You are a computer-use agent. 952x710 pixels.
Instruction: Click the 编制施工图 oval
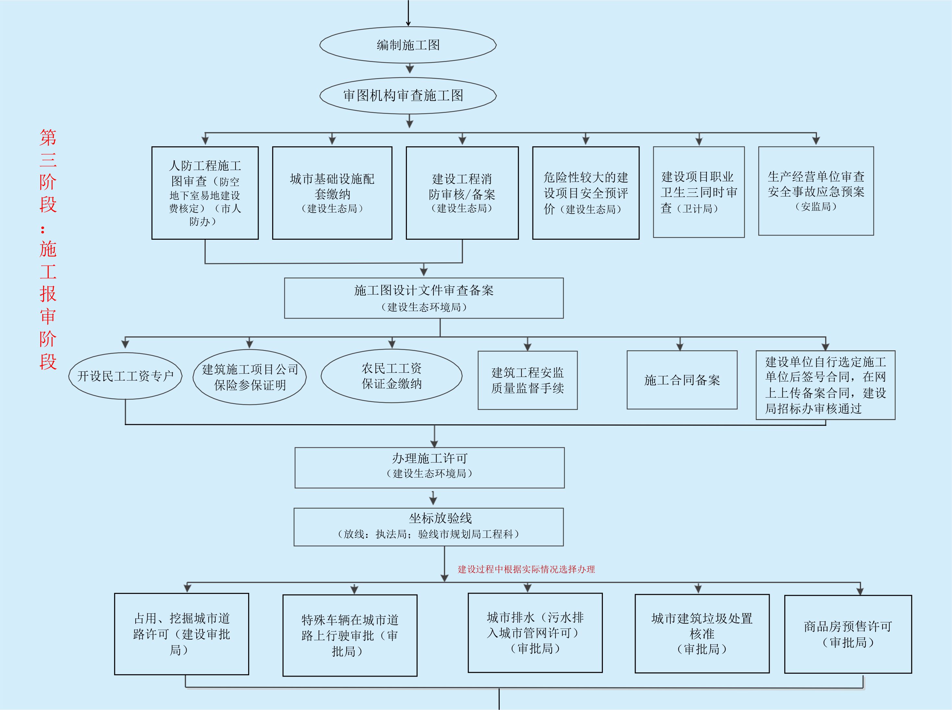click(x=408, y=45)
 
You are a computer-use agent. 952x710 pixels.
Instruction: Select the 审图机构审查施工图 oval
click(x=408, y=95)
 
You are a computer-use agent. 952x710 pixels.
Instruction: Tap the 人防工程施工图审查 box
click(x=205, y=193)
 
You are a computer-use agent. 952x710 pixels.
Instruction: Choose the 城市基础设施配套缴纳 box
click(x=332, y=193)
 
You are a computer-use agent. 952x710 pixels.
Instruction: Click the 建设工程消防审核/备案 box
click(x=462, y=193)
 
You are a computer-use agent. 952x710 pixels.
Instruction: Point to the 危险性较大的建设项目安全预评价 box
click(x=586, y=193)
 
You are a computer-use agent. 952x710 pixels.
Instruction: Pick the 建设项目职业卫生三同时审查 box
click(x=699, y=192)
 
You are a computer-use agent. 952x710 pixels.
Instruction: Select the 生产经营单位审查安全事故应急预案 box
click(x=816, y=191)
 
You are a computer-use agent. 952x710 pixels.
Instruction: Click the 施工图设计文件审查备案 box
click(x=423, y=298)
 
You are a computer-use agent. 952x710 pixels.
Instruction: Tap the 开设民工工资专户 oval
click(x=125, y=376)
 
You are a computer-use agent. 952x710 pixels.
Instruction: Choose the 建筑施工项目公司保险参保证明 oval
click(x=250, y=377)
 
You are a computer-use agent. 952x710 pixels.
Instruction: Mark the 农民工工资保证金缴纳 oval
click(x=391, y=376)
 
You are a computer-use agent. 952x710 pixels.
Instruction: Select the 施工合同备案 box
click(x=682, y=380)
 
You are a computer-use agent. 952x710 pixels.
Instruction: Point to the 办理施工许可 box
click(x=430, y=468)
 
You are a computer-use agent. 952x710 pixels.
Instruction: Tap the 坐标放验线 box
click(x=429, y=527)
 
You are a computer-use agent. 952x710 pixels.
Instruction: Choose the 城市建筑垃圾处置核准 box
click(x=702, y=633)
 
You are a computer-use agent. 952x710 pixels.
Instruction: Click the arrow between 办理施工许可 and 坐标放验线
click(x=433, y=498)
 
